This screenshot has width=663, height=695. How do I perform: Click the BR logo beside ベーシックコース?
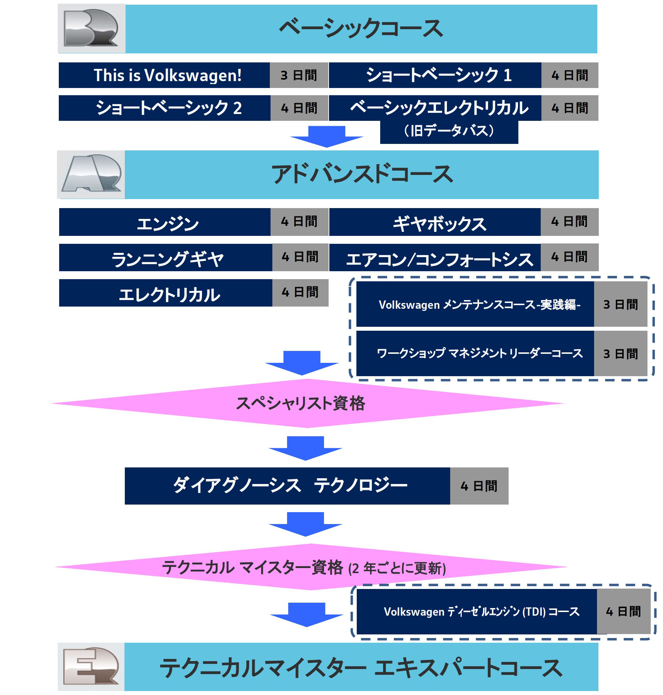(91, 28)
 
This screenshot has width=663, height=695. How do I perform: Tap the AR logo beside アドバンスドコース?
(91, 174)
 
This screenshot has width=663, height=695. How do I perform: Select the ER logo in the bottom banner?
(91, 667)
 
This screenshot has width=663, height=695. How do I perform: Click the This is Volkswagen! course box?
(164, 75)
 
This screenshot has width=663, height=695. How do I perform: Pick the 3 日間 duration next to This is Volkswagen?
(299, 75)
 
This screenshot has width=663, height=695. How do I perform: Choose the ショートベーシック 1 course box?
(435, 75)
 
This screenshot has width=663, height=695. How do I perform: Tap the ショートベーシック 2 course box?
(164, 108)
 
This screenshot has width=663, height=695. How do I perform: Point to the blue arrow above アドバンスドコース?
(327, 136)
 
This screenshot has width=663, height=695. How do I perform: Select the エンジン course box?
(165, 222)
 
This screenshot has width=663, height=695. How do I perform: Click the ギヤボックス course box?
(435, 222)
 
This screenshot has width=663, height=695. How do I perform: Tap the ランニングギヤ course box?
(166, 258)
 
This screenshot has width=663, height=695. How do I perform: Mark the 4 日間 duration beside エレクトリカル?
(300, 292)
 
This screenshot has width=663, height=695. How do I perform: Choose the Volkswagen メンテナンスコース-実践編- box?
(475, 304)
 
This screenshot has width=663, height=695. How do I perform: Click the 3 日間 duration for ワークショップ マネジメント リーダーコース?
(620, 353)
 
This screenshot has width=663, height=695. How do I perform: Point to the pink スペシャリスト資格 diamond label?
(300, 403)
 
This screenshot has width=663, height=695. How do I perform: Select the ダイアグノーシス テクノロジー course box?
(287, 486)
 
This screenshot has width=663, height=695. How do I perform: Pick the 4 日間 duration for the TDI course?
(623, 611)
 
